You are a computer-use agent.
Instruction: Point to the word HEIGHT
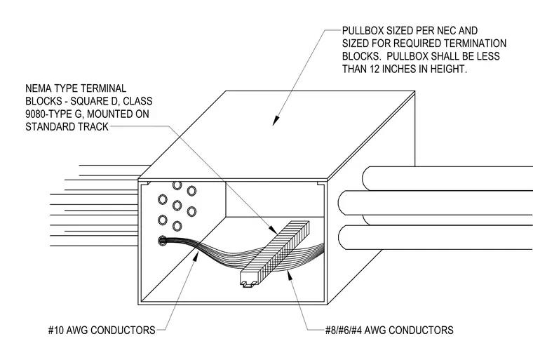tap(449, 69)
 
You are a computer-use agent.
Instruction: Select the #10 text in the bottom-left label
tap(55, 330)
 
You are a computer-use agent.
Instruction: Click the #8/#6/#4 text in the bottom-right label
tap(344, 330)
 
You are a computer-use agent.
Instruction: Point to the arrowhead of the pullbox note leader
tap(276, 121)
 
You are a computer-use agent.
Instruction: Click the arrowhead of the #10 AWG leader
tap(195, 256)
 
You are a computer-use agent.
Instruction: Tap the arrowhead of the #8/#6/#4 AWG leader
tap(290, 274)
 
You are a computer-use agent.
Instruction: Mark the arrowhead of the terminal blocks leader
tap(273, 229)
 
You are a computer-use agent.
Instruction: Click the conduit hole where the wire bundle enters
tap(163, 241)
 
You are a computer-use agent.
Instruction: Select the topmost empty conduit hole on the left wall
tap(177, 185)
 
